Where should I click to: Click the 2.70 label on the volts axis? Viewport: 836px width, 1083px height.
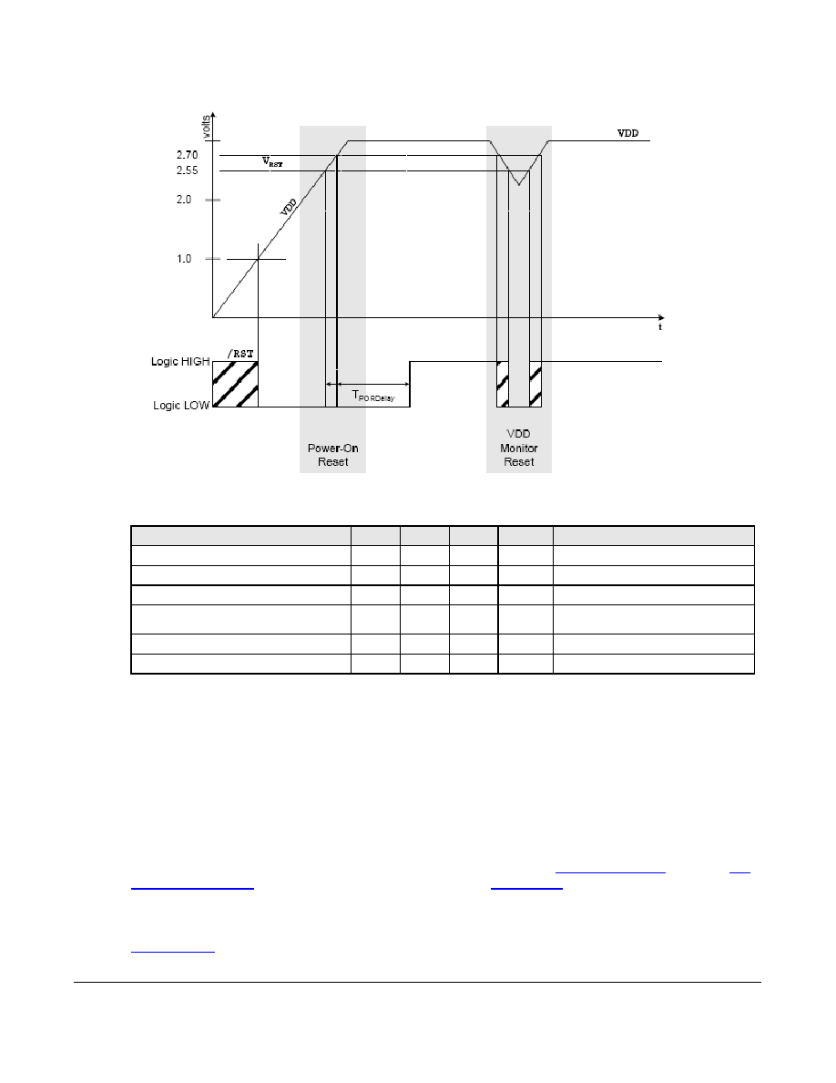[187, 155]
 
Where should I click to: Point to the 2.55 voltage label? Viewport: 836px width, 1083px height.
[187, 170]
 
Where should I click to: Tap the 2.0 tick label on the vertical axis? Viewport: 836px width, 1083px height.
[183, 200]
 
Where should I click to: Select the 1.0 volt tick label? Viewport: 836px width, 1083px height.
[183, 259]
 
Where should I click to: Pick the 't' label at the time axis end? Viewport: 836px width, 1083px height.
[660, 326]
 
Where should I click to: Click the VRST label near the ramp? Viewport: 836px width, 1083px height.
[271, 162]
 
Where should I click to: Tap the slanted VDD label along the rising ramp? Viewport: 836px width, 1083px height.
[289, 207]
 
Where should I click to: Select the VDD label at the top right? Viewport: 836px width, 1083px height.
[627, 133]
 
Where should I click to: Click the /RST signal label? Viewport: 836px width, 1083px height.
[240, 354]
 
